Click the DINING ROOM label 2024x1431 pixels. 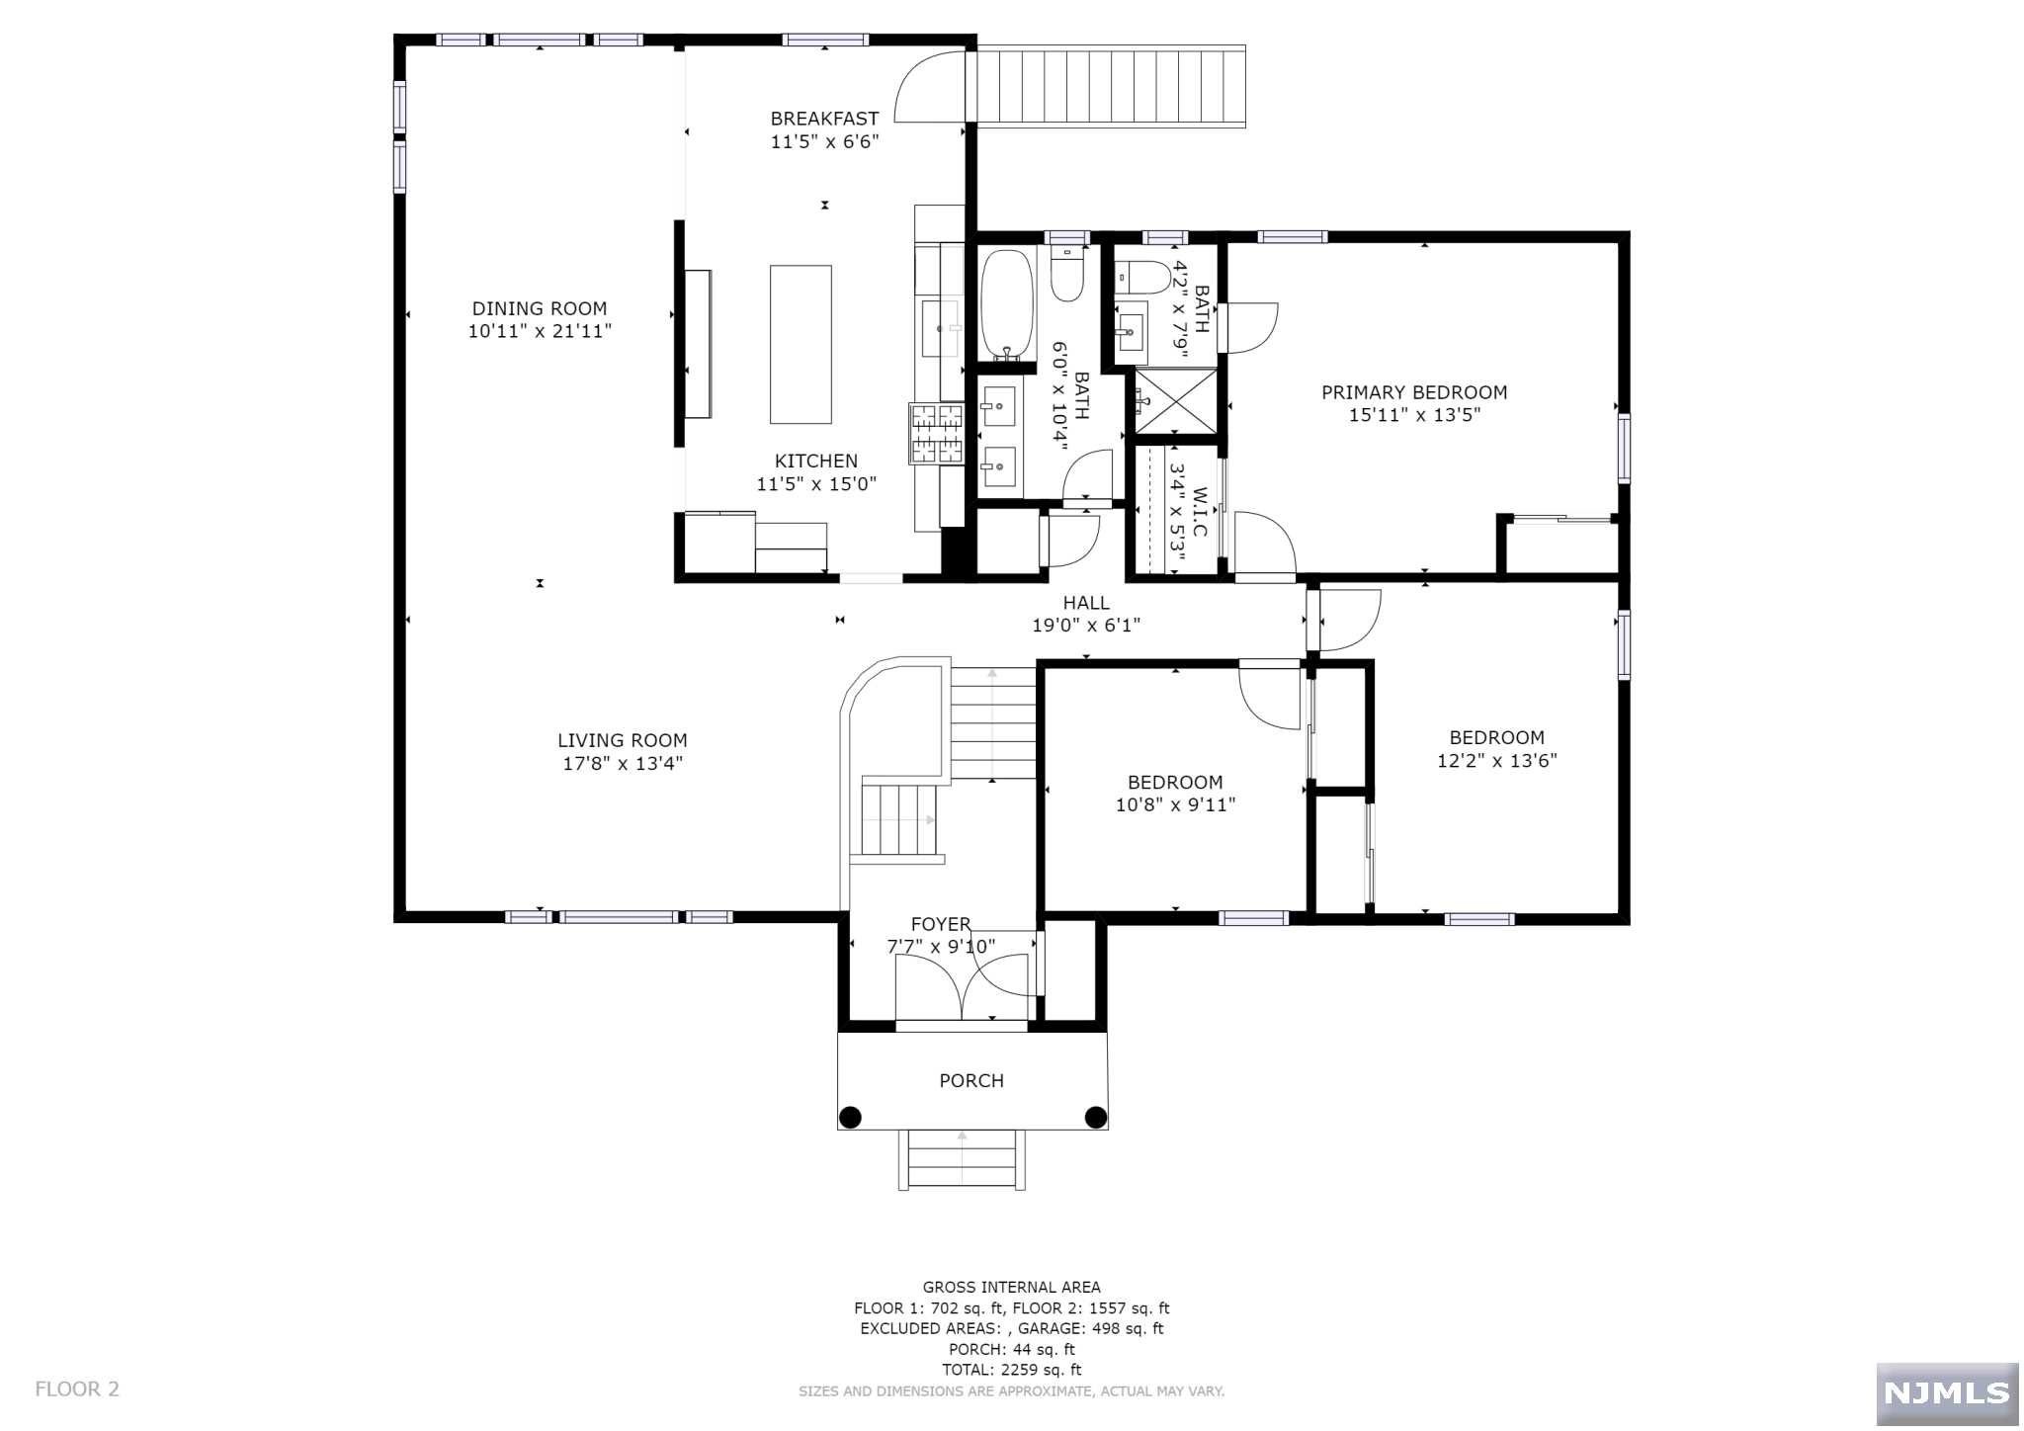[540, 308]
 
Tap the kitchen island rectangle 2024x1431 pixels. [801, 344]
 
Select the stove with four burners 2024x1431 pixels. [936, 433]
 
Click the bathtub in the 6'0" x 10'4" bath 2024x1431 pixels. [1007, 305]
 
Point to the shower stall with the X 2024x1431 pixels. [1175, 400]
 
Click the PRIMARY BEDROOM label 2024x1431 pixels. [1414, 392]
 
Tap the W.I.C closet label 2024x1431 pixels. [1200, 511]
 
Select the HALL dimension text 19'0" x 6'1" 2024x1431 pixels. [1086, 626]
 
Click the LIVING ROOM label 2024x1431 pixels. [623, 740]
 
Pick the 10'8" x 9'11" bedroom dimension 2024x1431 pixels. [1175, 805]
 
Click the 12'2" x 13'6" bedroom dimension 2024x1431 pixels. [1496, 761]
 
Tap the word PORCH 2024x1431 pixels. [971, 1081]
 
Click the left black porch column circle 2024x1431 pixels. [850, 1118]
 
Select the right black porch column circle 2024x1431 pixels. [1096, 1118]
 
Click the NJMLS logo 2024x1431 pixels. [1947, 1393]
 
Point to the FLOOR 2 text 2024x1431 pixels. [77, 1389]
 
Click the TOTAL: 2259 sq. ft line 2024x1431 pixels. [1011, 1370]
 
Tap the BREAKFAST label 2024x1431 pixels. [824, 119]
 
